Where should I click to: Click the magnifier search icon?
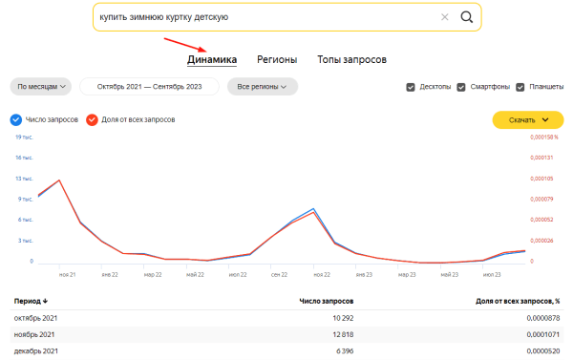[x=466, y=17]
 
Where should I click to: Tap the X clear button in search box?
[x=444, y=17]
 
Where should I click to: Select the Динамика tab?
[x=212, y=59]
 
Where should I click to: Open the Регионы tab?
[x=276, y=59]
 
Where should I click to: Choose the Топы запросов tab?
[x=351, y=59]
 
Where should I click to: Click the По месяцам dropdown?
[x=42, y=87]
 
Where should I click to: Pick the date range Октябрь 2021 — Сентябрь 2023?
[x=150, y=87]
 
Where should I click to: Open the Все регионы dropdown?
[x=263, y=87]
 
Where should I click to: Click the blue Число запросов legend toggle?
[x=15, y=120]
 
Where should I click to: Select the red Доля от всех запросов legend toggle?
[x=92, y=120]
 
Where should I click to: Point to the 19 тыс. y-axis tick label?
[x=25, y=138]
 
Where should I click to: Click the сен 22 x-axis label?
[x=279, y=275]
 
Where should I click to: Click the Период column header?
[x=31, y=301]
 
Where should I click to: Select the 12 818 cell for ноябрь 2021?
[x=340, y=334]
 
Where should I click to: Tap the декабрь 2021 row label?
[x=36, y=351]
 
